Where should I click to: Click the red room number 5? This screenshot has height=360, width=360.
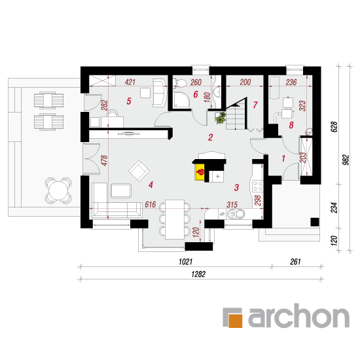point(129,101)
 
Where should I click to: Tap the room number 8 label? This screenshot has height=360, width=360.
point(291,125)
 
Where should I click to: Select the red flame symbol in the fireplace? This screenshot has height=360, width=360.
point(200,172)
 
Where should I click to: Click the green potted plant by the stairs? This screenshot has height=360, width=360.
point(221,118)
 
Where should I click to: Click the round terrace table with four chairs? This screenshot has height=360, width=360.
point(58,190)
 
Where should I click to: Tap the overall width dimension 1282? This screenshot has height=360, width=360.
point(198,274)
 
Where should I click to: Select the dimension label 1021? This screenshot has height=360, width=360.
point(185,262)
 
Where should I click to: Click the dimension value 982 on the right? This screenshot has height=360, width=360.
point(346,160)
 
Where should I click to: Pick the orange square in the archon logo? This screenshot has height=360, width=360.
point(236,320)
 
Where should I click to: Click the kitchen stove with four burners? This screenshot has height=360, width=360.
point(257,186)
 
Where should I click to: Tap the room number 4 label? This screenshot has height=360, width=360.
point(151,185)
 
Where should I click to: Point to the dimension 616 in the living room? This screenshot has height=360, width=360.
point(151,204)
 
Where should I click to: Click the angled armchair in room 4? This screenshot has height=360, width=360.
point(139,171)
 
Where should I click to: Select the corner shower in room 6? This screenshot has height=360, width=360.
point(181,100)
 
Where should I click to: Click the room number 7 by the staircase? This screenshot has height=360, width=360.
point(255,105)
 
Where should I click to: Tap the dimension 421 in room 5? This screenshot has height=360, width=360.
point(130,82)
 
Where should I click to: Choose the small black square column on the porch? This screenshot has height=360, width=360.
point(315,222)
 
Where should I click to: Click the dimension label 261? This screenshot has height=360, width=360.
point(295,262)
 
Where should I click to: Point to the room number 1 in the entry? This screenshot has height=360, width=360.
point(283,158)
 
